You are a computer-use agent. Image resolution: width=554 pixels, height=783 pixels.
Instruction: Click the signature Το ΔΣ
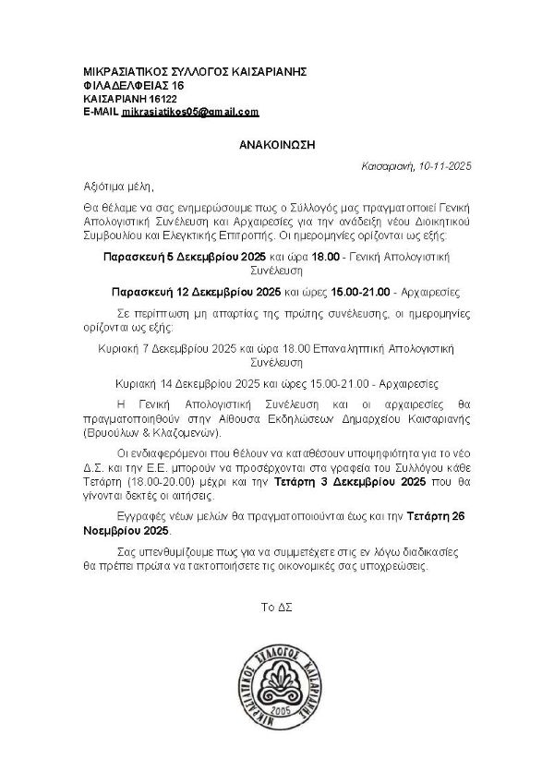277,606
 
